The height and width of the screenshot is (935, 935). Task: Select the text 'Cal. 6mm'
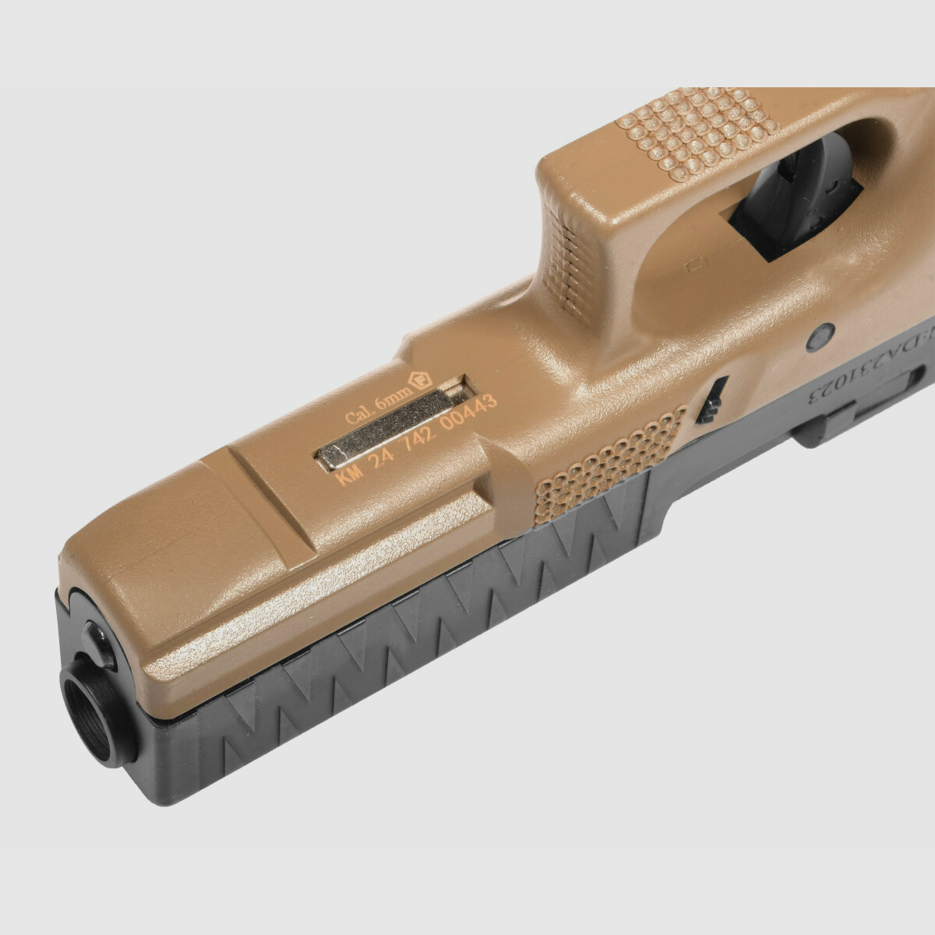[378, 408]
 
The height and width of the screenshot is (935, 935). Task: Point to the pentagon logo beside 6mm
[423, 383]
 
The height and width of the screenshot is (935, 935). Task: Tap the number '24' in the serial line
[383, 460]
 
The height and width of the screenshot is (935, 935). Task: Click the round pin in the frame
[820, 337]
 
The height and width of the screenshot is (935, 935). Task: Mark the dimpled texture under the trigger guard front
[701, 129]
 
